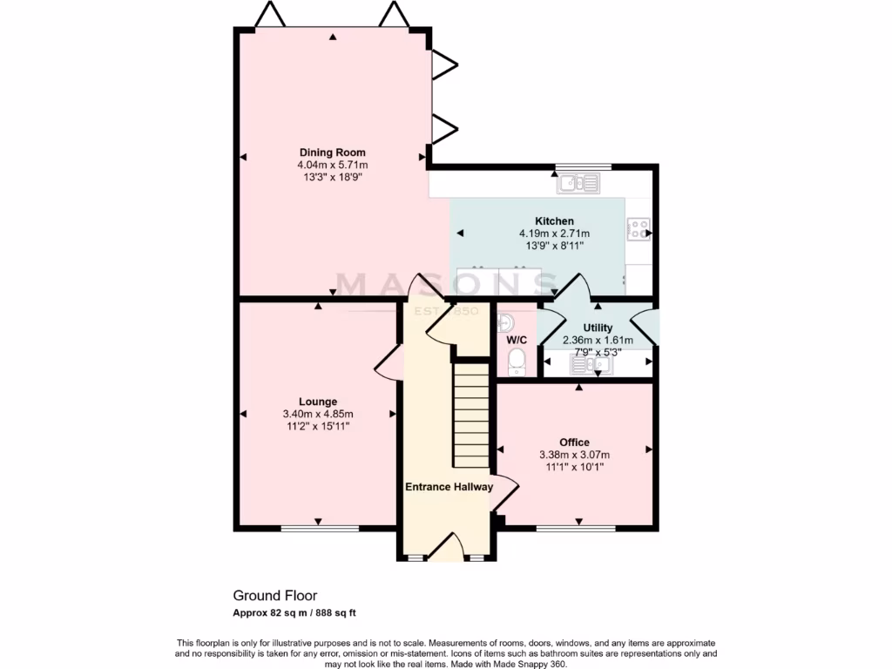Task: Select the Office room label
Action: coord(574,443)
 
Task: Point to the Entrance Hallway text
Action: coord(449,487)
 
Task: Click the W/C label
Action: coord(517,339)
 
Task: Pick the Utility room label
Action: coord(598,328)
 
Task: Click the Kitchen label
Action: coord(554,221)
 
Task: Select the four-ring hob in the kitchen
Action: coord(639,230)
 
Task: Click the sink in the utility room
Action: coord(591,363)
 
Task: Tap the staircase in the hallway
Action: coord(470,416)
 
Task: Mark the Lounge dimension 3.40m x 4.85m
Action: coord(318,414)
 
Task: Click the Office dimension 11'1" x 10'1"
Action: coord(574,467)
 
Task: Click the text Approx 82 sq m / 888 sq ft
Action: coord(295,613)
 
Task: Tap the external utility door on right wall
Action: coord(645,325)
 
